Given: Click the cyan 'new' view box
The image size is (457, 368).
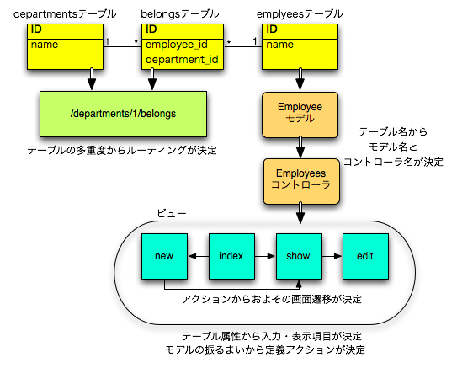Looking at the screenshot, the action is [x=164, y=256].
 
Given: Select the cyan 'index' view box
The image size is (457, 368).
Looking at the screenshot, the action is [x=231, y=256].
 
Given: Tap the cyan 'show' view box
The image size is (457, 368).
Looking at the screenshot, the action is [x=299, y=256].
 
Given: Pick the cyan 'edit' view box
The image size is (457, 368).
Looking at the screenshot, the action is [x=365, y=256].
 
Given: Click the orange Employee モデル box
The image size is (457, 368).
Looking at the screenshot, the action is [x=300, y=115].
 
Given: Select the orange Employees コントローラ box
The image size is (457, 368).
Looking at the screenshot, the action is [x=301, y=181].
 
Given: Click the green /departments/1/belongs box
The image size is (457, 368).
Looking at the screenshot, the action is [x=123, y=114].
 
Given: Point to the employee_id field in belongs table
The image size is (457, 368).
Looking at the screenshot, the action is [x=177, y=45].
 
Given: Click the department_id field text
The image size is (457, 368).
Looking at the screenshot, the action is [x=182, y=60].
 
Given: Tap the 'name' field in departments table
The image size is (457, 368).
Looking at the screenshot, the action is [x=45, y=45].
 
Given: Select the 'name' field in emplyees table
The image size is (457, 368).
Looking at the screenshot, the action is [x=279, y=45].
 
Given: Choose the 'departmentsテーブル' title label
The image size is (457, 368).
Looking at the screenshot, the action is [x=65, y=13].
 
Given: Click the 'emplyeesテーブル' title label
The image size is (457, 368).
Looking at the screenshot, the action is [x=300, y=13].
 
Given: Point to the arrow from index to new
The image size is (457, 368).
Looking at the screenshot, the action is [x=199, y=256].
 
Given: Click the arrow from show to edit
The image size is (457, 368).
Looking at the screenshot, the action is [x=332, y=256].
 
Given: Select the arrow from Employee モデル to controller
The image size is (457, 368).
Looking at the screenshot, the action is [x=300, y=147].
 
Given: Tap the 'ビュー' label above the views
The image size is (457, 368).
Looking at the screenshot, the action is [x=172, y=213].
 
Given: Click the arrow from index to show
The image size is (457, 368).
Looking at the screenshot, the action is [x=265, y=256].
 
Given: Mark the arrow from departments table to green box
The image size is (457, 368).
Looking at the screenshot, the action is [x=92, y=79].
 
